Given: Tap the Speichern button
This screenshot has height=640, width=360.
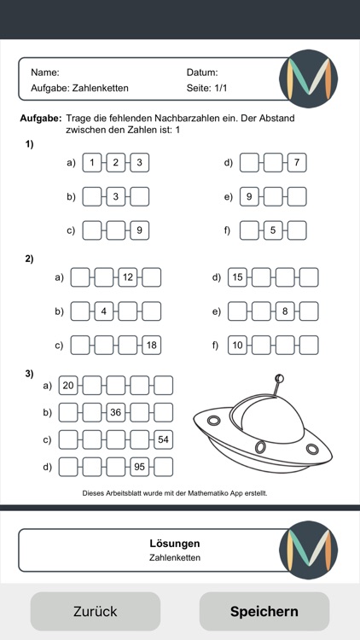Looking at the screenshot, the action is tap(264, 611).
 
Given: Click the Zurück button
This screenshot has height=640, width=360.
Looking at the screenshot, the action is tap(95, 611).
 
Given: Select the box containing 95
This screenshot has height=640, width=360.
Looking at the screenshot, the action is tap(139, 467).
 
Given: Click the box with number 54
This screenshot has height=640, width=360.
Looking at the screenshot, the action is tap(163, 439).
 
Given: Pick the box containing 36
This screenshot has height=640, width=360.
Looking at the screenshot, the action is tap(115, 413).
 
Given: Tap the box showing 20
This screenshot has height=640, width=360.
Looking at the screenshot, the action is tap(68, 386).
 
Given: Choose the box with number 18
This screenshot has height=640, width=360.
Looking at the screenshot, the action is tap(151, 345).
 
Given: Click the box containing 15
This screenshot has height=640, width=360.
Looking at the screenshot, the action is tap(238, 277).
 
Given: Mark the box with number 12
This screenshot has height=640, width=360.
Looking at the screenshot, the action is tap(128, 277).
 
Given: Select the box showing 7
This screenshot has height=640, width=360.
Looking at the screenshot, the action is tap(296, 162).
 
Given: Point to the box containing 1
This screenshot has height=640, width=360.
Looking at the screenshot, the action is tap(92, 162).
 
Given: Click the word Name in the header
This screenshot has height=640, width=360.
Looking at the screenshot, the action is tap(44, 73).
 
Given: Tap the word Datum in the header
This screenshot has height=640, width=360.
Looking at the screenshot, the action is tap(202, 73).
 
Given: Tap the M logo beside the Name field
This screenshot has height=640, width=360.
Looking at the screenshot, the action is tap(308, 79).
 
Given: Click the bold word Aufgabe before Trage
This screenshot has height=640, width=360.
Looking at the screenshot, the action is tap(40, 119).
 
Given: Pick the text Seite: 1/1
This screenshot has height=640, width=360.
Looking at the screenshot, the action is tap(206, 88).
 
